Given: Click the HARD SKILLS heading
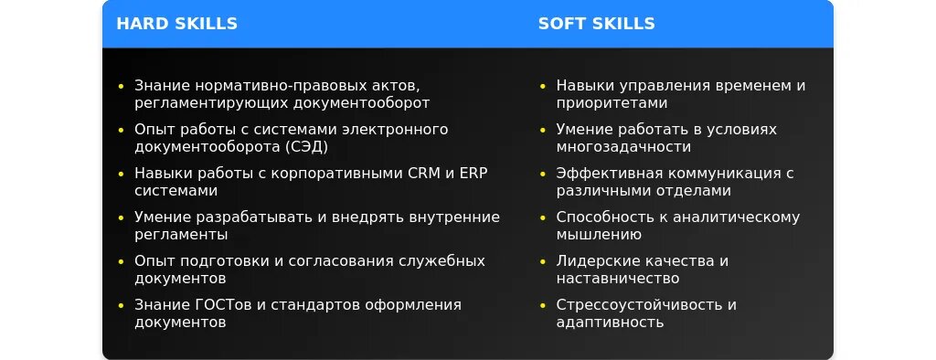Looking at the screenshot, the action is (x=176, y=23).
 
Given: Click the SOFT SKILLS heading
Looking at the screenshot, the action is (x=596, y=23).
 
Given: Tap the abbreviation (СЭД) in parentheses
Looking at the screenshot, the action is (x=306, y=147).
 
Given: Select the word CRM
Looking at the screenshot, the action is (x=423, y=173).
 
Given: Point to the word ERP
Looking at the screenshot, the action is (x=473, y=173).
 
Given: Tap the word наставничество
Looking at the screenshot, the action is (x=618, y=278).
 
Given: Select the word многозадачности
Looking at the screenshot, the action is (x=623, y=147).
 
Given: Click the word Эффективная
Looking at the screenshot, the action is (x=610, y=173).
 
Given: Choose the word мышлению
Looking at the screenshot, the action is (x=599, y=235).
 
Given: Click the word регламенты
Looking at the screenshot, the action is (x=181, y=235).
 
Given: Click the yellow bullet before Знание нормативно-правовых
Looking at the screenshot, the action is (x=122, y=86).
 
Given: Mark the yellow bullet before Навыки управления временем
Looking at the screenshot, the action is (x=543, y=86).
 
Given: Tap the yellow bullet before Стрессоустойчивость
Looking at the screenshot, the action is (x=543, y=305).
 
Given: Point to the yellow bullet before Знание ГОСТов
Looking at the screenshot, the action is (x=122, y=305).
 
